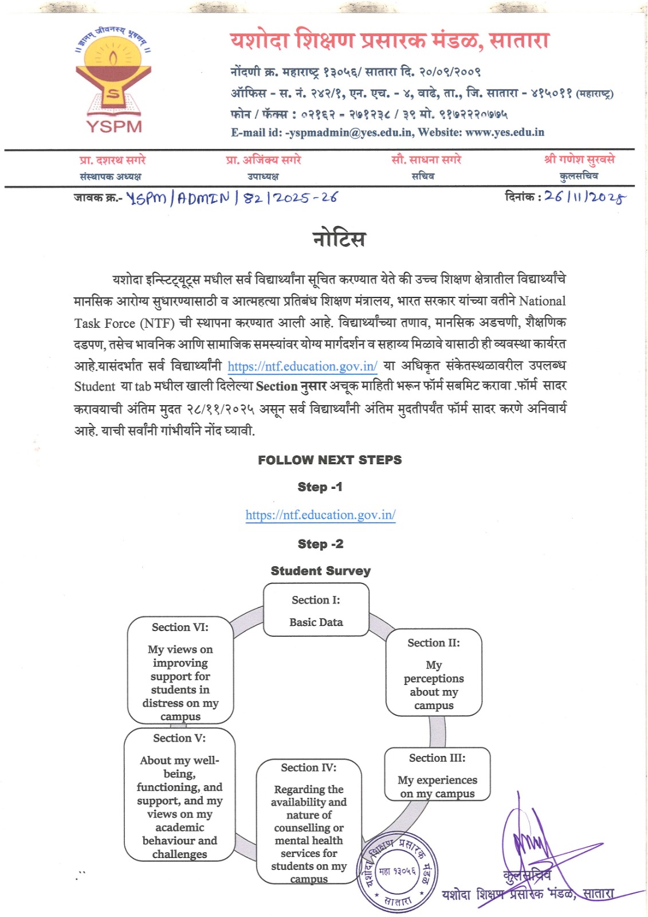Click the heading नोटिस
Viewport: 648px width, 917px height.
tap(339, 238)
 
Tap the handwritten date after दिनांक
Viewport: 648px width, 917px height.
tap(584, 197)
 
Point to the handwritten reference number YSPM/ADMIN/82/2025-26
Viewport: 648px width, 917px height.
tap(231, 198)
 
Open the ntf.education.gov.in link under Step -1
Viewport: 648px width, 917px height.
tap(320, 515)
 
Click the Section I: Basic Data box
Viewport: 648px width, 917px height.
tap(316, 610)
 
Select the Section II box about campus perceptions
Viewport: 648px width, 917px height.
tap(434, 672)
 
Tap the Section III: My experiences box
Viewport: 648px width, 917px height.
tap(437, 774)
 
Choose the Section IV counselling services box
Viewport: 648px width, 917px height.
tap(309, 822)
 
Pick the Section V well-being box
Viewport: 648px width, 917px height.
tap(179, 794)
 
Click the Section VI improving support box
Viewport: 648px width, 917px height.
tap(180, 670)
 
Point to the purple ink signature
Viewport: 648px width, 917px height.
tap(533, 842)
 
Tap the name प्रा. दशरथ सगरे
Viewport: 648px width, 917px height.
tap(112, 160)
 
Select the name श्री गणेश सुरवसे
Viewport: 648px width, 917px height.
tap(579, 159)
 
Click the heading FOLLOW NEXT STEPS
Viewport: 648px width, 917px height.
tap(329, 460)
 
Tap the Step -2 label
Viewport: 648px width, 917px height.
tap(320, 544)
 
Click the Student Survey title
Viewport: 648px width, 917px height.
tap(320, 571)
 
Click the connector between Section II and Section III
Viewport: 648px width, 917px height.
tap(437, 731)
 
